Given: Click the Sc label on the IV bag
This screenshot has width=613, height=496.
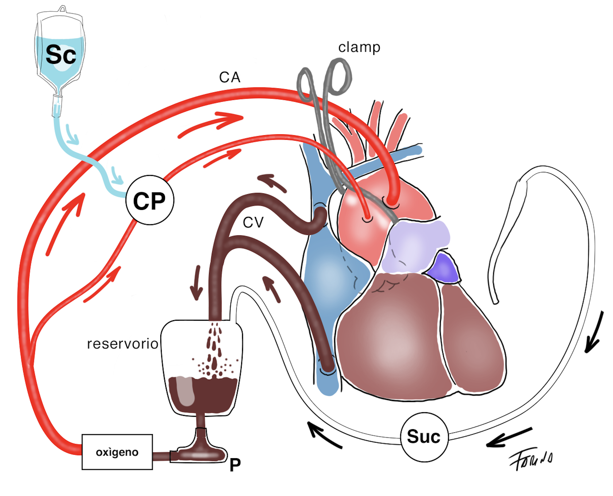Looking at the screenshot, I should click(61, 55).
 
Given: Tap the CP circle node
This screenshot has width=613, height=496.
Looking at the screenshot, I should click(150, 201).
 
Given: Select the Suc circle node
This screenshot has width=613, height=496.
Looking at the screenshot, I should click(424, 437).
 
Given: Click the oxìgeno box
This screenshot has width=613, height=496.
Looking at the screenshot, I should click(117, 452).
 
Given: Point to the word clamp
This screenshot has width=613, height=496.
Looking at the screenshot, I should click(359, 47).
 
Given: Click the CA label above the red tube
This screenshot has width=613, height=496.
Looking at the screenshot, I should click(229, 77).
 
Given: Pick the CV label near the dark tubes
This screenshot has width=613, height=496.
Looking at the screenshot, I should click(253, 222).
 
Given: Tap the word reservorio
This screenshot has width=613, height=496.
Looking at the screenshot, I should click(122, 344).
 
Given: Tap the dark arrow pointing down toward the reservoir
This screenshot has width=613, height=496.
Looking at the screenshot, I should click(196, 283).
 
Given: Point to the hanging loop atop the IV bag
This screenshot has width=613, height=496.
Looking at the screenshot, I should click(62, 9).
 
